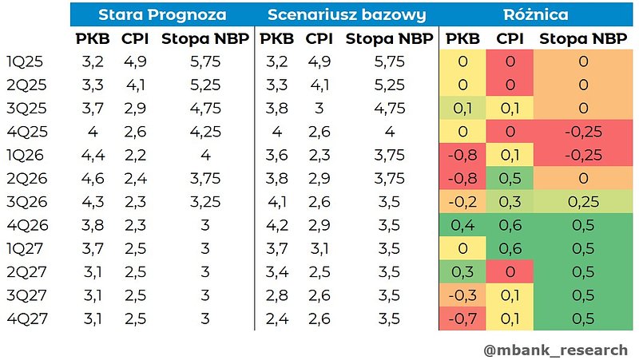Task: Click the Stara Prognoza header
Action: pyautogui.click(x=162, y=14)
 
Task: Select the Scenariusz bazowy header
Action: pyautogui.click(x=346, y=14)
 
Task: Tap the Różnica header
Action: pyautogui.click(x=536, y=14)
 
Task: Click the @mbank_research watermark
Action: pyautogui.click(x=555, y=350)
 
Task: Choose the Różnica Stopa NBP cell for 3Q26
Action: pyautogui.click(x=583, y=201)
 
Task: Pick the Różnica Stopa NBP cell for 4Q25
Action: pyautogui.click(x=583, y=131)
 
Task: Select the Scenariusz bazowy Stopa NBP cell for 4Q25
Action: pyautogui.click(x=389, y=131)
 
